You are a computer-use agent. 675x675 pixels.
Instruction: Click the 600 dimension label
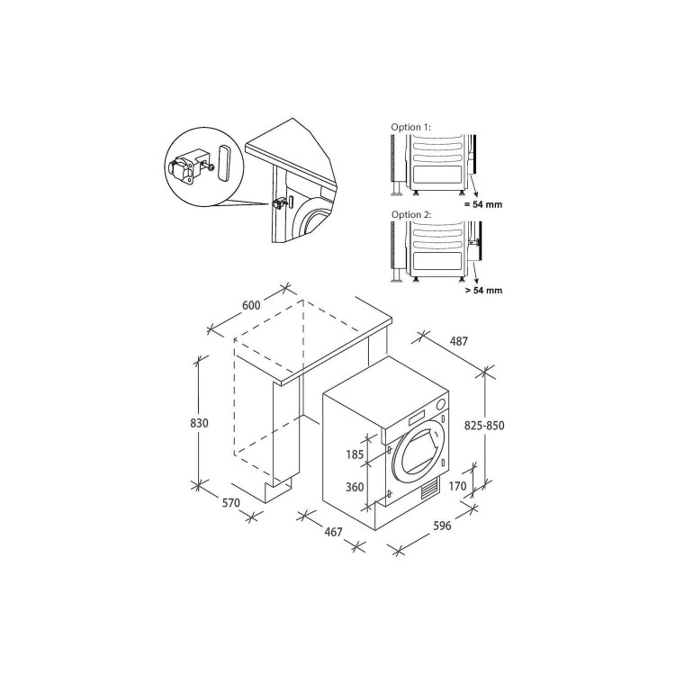coord(251,306)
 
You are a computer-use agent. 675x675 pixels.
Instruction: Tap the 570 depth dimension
coord(231,503)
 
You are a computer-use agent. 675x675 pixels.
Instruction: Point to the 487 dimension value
coord(460,342)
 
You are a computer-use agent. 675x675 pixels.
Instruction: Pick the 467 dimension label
coord(334,533)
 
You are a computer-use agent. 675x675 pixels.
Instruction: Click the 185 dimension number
coord(355,455)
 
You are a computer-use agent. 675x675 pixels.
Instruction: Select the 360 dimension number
coord(355,487)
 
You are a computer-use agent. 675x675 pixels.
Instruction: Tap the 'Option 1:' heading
coord(410,128)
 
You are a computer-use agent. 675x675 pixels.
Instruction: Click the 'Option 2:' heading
coord(410,216)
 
